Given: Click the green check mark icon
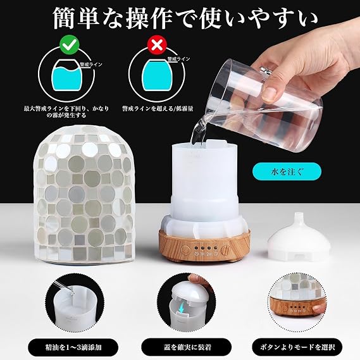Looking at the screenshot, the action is pyautogui.click(x=70, y=46).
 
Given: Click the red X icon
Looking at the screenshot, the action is pyautogui.click(x=157, y=45).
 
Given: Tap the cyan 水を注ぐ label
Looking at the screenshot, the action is pyautogui.click(x=287, y=171).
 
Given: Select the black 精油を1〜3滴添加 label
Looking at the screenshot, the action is pyautogui.click(x=73, y=347).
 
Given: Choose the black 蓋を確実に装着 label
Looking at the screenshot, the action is pyautogui.click(x=187, y=347).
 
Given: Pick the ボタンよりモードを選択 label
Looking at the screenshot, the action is pyautogui.click(x=297, y=347).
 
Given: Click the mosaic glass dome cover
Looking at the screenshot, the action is pyautogui.click(x=83, y=195).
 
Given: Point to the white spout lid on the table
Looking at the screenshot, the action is pyautogui.click(x=299, y=237).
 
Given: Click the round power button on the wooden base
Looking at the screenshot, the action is pyautogui.click(x=185, y=250).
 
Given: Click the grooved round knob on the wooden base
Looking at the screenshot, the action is pyautogui.click(x=226, y=249).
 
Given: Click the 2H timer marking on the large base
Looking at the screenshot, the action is pyautogui.click(x=209, y=254).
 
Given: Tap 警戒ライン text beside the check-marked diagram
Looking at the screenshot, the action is pyautogui.click(x=91, y=65).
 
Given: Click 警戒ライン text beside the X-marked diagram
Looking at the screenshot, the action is pyautogui.click(x=178, y=59).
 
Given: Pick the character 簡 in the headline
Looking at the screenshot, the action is pyautogui.click(x=65, y=18).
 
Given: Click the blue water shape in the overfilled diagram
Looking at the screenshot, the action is pyautogui.click(x=157, y=75).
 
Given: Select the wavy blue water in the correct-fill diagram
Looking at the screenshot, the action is pyautogui.click(x=67, y=78).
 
